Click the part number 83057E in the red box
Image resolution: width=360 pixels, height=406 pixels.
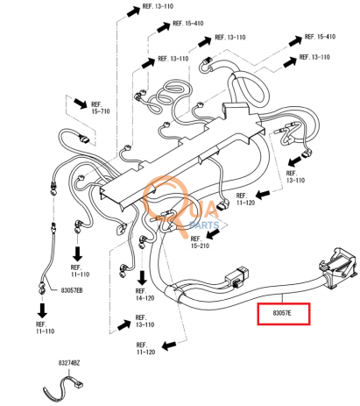pos(282,313)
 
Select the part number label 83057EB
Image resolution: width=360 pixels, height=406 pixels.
pos(72,290)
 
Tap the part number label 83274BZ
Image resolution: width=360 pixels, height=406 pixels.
pos(69,363)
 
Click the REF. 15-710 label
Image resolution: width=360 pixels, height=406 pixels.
pos(101,108)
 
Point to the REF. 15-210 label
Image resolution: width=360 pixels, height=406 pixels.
pos(200,242)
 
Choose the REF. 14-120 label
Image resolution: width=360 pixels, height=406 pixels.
pos(145,295)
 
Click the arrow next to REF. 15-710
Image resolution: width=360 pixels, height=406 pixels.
pos(80,103)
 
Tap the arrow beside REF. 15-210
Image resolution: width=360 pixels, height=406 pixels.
pos(213,234)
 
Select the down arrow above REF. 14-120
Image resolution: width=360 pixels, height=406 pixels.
pos(142,278)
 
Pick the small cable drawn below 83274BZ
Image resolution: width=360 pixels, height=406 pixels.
pos(63,388)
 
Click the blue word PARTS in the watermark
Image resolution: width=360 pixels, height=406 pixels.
pos(204,225)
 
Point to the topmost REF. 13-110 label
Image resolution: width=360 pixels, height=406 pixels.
pos(158,6)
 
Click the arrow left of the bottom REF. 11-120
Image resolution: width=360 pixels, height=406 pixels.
pos(169,345)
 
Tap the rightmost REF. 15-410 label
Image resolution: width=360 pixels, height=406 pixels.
pos(320,37)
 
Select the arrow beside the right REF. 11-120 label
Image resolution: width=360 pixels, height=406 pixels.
pos(263,194)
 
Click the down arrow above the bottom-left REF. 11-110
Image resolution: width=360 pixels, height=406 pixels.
pos(42,310)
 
